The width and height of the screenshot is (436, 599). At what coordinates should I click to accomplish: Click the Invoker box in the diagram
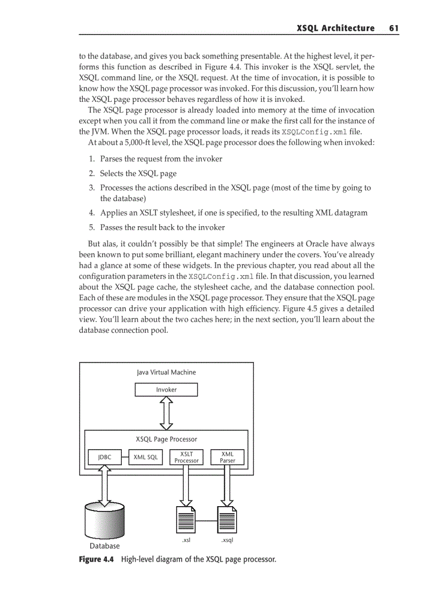166,390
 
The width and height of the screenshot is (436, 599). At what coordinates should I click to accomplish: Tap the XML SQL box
146,457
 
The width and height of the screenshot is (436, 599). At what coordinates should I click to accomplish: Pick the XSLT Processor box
186,457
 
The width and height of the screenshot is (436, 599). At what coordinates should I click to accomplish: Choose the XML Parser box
227,457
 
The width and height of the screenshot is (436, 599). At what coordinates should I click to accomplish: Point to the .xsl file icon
186,518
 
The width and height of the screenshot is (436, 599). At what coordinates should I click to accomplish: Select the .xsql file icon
227,518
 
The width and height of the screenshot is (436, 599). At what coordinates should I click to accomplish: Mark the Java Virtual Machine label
166,372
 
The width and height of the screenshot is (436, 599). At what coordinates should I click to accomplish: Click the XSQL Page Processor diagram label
166,440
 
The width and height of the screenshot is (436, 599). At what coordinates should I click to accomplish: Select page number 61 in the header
394,28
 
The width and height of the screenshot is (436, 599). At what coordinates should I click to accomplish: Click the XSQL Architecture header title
336,28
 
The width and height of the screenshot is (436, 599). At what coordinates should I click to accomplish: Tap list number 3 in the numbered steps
92,188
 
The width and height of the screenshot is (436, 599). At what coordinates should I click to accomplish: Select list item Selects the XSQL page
138,173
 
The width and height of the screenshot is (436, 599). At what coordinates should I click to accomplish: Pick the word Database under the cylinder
105,546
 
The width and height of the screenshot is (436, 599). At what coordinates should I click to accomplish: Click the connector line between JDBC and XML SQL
125,457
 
